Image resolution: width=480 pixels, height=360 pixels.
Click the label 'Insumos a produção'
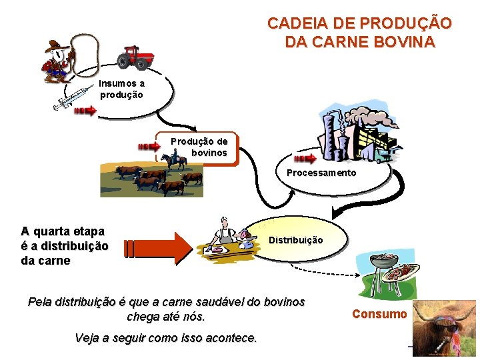(121, 89)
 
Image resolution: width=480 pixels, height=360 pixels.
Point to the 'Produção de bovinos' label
(199, 147)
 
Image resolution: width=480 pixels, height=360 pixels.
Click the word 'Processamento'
(321, 173)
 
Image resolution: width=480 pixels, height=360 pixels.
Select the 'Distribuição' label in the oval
(296, 240)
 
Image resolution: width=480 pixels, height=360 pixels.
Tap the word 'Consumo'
(379, 314)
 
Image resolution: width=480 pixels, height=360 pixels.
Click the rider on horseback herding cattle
(175, 159)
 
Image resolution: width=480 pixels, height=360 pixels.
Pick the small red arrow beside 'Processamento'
(305, 159)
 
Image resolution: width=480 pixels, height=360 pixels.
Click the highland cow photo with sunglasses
(443, 329)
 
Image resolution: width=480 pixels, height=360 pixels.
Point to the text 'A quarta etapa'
(63, 231)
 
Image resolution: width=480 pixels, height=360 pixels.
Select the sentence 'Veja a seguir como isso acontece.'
(166, 338)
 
